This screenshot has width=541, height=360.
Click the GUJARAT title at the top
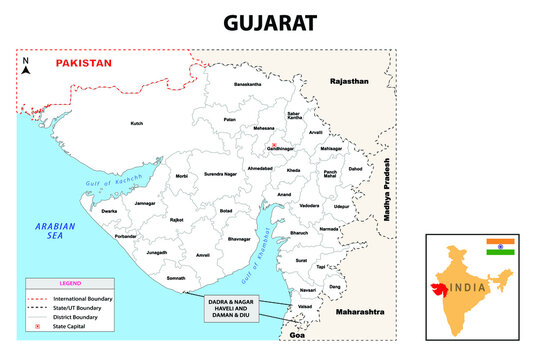pyautogui.click(x=270, y=21)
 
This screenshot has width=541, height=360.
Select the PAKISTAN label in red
pyautogui.click(x=83, y=63)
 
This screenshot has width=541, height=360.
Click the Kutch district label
pyautogui.click(x=137, y=124)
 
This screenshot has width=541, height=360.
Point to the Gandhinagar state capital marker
pyautogui.click(x=273, y=146)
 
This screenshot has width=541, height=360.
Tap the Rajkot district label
pyautogui.click(x=177, y=218)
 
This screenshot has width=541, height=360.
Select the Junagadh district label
pyautogui.click(x=157, y=253)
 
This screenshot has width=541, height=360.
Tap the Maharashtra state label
pyautogui.click(x=360, y=313)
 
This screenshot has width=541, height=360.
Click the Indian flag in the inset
pyautogui.click(x=499, y=247)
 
